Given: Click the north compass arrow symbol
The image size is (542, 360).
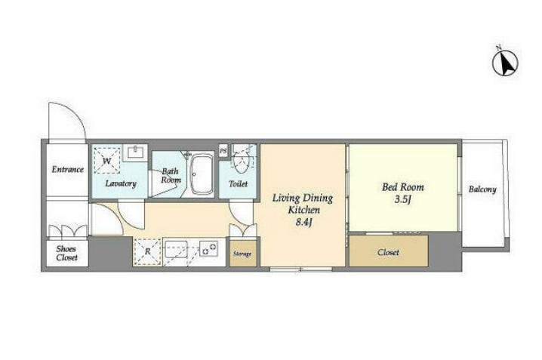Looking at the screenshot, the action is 505,63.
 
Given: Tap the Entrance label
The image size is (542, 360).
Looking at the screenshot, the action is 68,169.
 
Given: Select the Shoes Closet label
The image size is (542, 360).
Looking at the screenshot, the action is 66,253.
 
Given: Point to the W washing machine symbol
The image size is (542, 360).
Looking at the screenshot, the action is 106,161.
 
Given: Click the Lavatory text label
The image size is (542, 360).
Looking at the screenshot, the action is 121,183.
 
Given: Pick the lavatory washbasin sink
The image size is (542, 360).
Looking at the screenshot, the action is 135,152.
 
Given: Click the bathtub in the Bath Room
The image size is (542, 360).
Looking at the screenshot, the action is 202,174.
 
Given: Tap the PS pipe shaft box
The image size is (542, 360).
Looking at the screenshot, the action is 223,151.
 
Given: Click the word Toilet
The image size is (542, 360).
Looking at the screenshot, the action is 239,184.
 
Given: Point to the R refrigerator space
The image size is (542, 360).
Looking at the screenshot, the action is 148,252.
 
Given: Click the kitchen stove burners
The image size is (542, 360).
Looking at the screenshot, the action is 209,249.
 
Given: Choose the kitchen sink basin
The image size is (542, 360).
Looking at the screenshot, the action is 176,249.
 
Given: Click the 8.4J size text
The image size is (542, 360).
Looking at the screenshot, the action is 304,223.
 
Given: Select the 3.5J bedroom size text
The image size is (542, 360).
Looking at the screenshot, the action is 403,200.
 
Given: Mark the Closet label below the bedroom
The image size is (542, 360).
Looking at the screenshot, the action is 388,252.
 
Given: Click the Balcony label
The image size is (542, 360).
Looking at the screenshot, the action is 482,189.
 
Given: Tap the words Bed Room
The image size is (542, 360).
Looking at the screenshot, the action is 403,187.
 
